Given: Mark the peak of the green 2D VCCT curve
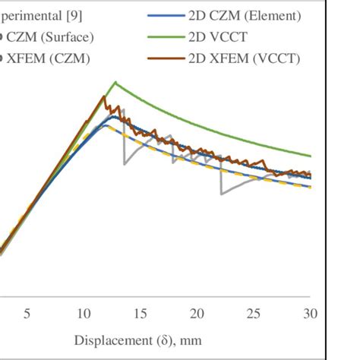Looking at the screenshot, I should point(115,81).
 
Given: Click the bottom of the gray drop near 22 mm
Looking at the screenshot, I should point(221,194).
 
